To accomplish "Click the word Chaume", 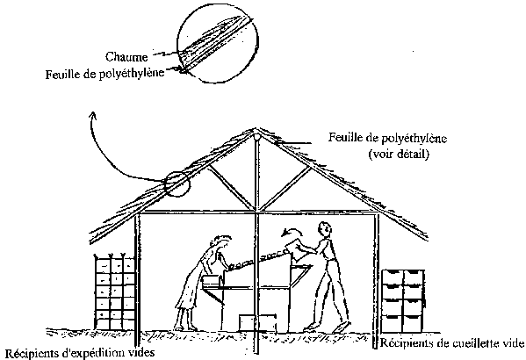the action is tap(126, 57).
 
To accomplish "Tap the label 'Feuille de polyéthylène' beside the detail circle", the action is tap(105, 74).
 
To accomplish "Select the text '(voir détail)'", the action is tap(399, 155).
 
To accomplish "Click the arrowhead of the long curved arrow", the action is tap(93, 116).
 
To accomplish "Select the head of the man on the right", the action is tap(325, 229).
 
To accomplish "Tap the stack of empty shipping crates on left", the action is tap(114, 292).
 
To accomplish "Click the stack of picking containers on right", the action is tap(404, 300).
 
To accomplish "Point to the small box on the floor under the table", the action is tap(257, 323).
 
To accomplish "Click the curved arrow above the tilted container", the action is tap(292, 231).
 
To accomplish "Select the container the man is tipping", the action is tap(296, 248).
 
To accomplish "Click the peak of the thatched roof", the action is tap(256, 129).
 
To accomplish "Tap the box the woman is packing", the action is tap(213, 281).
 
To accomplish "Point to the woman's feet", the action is tap(185, 326).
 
